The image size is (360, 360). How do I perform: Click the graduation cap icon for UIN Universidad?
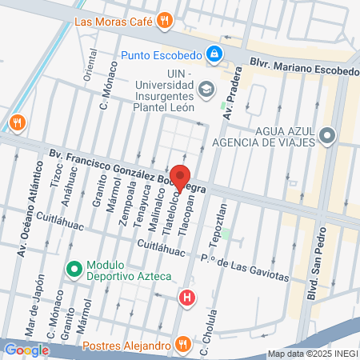pos(206,89)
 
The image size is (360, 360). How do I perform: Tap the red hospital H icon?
pos(187,298)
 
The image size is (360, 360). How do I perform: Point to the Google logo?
pos(26,350)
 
